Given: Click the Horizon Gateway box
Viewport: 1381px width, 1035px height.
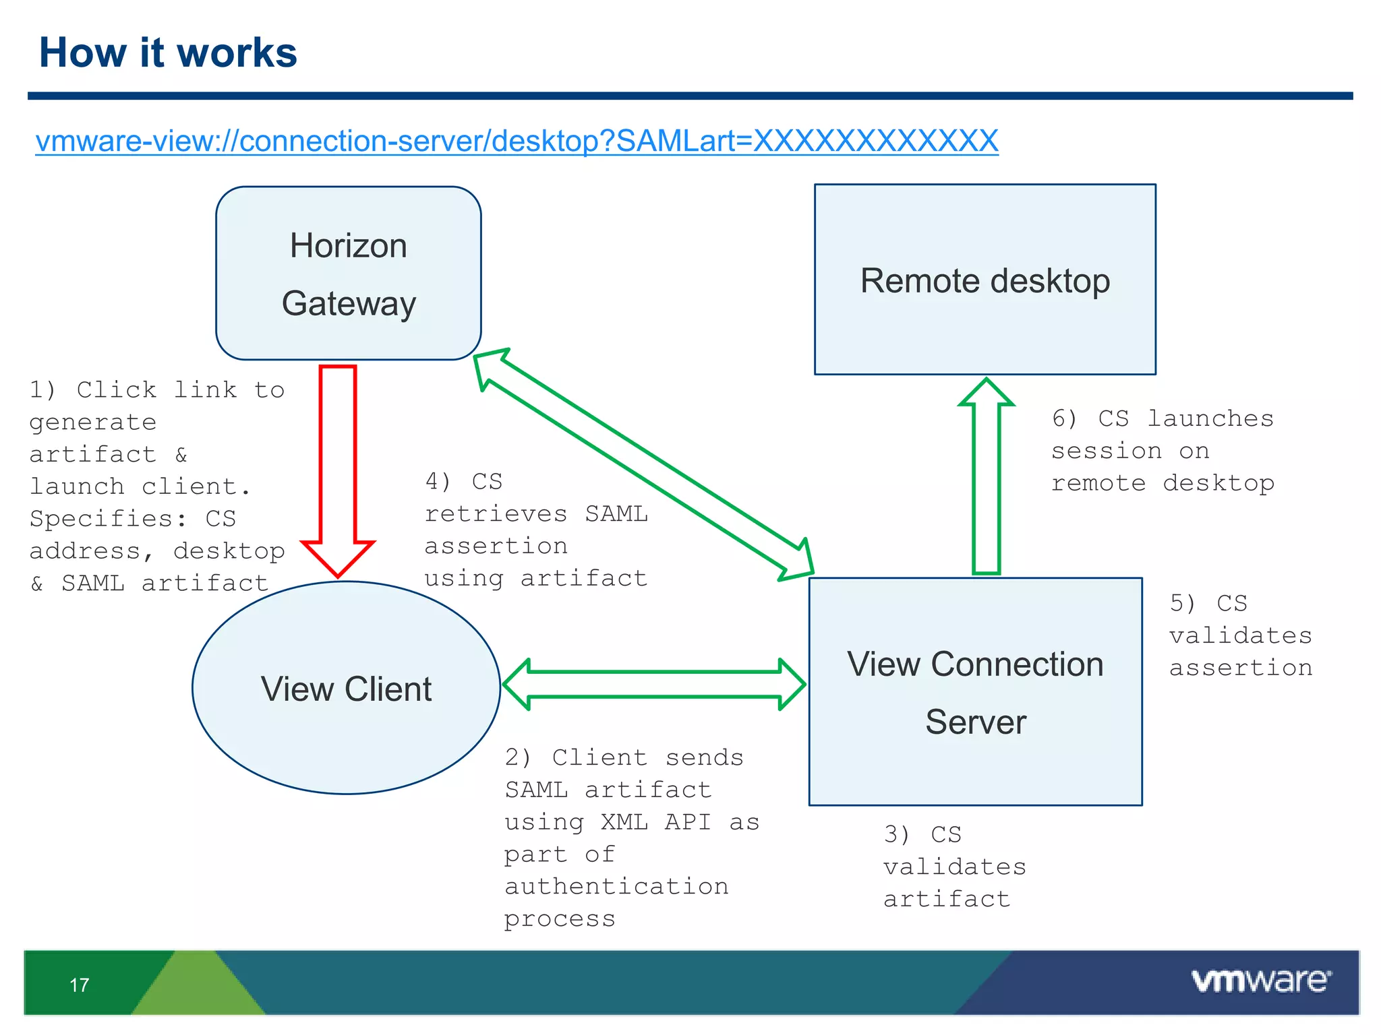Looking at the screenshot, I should tap(348, 273).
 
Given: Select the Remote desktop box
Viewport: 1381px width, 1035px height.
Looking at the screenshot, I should tap(985, 280).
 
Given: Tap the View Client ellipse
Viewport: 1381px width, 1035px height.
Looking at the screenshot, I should tap(346, 688).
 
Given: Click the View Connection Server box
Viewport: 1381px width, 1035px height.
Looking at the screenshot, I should tap(975, 692).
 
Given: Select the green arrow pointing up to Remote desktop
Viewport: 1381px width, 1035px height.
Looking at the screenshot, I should tap(987, 478).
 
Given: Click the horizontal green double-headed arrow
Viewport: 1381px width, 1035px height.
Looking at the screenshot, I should tap(654, 685).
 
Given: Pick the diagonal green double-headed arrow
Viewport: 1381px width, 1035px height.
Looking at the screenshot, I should tap(644, 464).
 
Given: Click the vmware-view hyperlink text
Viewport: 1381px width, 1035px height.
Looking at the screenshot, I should tap(517, 141).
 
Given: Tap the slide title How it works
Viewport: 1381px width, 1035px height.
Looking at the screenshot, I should tap(168, 53).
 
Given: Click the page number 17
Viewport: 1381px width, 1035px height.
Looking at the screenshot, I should tap(79, 985).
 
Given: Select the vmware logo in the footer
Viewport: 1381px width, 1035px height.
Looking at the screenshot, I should tap(1261, 980).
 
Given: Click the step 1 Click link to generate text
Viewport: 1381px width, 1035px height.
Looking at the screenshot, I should tap(156, 486).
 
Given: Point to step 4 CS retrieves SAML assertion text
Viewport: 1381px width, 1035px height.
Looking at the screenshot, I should tap(535, 530).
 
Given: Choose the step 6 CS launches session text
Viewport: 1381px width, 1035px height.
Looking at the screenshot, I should tap(1163, 450).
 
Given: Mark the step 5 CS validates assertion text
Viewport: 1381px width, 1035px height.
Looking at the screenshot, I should tap(1240, 635).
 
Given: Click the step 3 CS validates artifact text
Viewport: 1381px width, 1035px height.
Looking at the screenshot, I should tap(954, 867).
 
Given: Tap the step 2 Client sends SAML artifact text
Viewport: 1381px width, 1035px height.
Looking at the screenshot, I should tap(631, 838).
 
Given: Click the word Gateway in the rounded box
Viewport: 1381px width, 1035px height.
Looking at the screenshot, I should tap(349, 303).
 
